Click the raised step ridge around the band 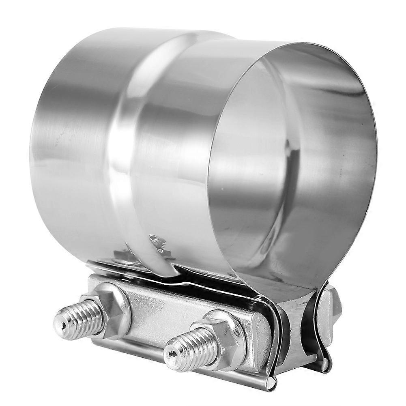click(x=122, y=134)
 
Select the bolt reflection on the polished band click(x=158, y=243)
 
